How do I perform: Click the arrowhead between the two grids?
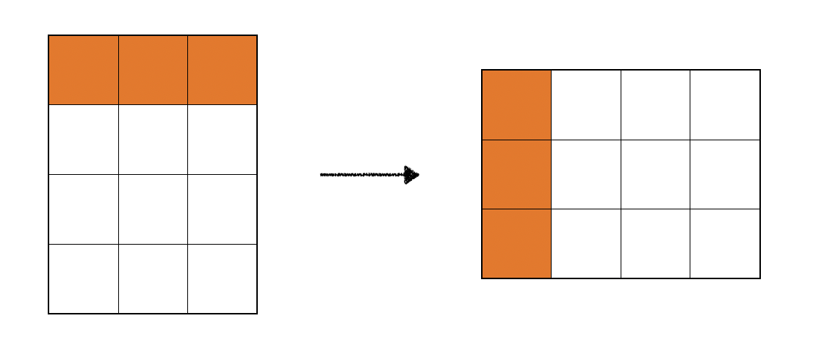[x=411, y=175]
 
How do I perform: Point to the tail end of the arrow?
[x=322, y=175]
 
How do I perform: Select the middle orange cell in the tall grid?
[x=153, y=70]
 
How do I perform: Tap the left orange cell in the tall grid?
[x=84, y=70]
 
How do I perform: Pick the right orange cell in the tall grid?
[x=223, y=70]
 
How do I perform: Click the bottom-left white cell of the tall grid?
[x=84, y=278]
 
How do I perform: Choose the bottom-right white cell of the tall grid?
[x=223, y=278]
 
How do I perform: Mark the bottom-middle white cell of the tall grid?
[x=153, y=278]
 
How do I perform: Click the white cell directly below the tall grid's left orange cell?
[x=84, y=140]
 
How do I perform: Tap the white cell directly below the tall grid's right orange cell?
[x=223, y=140]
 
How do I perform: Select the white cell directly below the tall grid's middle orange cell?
[x=153, y=140]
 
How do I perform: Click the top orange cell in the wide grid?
[x=516, y=104]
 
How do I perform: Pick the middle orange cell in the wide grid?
[x=516, y=174]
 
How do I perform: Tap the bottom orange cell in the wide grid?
[x=516, y=243]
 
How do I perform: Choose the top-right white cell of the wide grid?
[x=725, y=104]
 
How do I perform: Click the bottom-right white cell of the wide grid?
[x=725, y=243]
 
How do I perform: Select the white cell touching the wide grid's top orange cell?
[x=586, y=104]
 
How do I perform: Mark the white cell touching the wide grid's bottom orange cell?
[x=586, y=243]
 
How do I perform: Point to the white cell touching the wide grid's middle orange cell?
[x=586, y=174]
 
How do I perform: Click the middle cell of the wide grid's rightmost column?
[x=725, y=174]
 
